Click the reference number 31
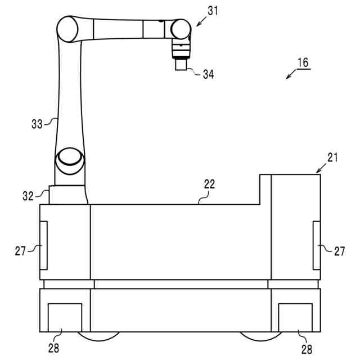pos(213,11)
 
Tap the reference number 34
pos(209,74)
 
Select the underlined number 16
pos(303,62)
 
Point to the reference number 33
pos(37,124)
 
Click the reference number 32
pos(28,196)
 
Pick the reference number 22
pos(209,184)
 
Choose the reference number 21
pos(332,157)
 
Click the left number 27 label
pos(20,251)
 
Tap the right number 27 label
pos(339,251)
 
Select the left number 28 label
pos(54,348)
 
